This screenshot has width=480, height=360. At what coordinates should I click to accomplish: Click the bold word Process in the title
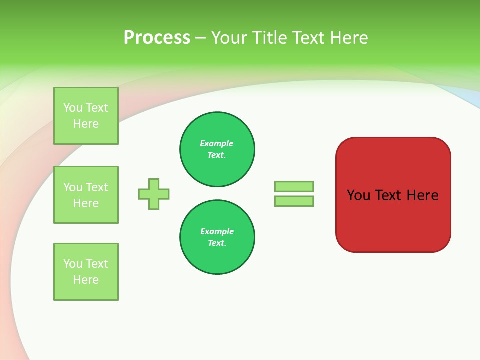pos(157,38)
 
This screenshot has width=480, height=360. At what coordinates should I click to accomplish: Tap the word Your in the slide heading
pos(229,38)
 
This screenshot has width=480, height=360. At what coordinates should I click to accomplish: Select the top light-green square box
pos(86,116)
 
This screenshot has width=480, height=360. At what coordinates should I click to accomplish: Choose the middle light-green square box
pos(86,195)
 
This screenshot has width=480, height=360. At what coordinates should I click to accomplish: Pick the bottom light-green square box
pos(86,272)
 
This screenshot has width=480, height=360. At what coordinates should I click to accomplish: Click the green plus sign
pos(154,194)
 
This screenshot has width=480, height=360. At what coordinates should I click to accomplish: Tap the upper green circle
pos(217,149)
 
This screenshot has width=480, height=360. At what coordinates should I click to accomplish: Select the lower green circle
pos(217,237)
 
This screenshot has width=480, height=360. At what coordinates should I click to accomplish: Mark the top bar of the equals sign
pos(294,186)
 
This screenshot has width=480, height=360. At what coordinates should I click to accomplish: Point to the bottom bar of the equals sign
pos(294,201)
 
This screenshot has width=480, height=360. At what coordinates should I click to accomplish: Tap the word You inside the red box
pos(359,195)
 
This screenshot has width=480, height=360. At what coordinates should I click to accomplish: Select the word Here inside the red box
pos(422,195)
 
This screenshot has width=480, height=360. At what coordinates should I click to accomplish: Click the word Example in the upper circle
pos(216,143)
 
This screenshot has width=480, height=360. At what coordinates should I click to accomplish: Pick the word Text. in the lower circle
pos(217,243)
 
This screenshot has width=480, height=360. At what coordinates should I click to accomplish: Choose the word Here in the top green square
pos(86,124)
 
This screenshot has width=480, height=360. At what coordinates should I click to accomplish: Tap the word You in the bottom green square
pos(73,264)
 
